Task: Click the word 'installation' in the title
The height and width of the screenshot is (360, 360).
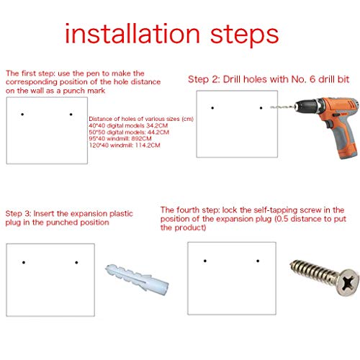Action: (132, 33)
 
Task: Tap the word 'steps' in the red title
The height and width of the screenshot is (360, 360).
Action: (244, 36)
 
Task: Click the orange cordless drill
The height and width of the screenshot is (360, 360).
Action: (326, 125)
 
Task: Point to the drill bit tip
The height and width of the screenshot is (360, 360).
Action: (271, 107)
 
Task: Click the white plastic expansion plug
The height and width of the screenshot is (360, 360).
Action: (138, 279)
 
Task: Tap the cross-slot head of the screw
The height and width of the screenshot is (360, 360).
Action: (348, 282)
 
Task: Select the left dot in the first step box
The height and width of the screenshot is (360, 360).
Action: (22, 114)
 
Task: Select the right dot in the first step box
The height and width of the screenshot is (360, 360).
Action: (71, 114)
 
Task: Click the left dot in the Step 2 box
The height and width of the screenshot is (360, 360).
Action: (212, 108)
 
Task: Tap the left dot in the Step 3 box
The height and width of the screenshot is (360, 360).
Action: (24, 263)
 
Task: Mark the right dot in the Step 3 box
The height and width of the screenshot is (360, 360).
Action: (76, 263)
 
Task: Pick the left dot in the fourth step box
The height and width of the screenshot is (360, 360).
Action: (205, 261)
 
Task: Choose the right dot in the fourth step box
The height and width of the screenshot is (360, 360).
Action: (258, 261)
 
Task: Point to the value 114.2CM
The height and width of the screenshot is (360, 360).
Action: (148, 145)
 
